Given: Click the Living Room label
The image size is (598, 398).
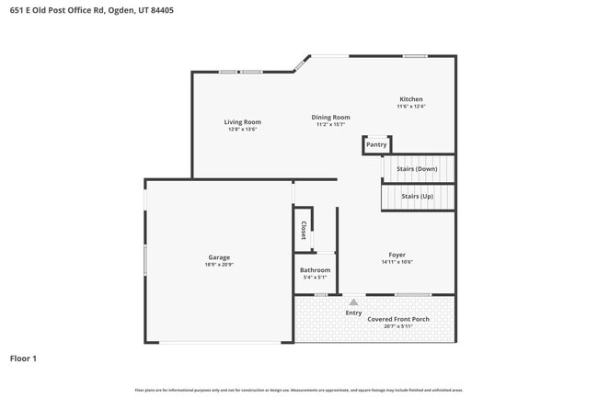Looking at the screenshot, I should pos(242,122).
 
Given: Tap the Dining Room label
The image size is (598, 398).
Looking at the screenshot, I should pos(330,118).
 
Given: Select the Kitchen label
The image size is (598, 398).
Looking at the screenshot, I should pos(410,99).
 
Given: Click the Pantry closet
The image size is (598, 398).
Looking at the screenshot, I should pos(376,144).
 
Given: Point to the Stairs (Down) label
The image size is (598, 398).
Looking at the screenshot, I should pos(417,169).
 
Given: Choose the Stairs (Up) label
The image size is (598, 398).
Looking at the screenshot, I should pos(417,196).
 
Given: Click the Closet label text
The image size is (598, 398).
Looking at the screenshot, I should pos(304,230).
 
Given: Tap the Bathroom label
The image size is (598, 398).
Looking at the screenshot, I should pos(315,270).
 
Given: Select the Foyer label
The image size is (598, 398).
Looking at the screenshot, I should pos(397,255).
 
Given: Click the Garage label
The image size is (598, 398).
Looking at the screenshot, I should pos(219,257).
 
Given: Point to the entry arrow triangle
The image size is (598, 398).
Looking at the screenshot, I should pos(353,301).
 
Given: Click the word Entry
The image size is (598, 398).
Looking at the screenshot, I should pos(353,313).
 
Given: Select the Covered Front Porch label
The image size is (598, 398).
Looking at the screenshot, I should pos(398,319).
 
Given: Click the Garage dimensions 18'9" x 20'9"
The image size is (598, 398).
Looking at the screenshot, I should pos(219,265).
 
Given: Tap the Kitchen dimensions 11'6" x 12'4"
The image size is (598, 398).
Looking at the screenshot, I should pos(410,107).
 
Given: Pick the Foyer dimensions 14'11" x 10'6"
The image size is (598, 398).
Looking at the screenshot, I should pos(397,262).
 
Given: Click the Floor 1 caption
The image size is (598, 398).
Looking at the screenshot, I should pos(23,358).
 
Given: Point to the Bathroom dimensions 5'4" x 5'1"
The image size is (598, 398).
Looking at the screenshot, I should pos(315,278).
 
